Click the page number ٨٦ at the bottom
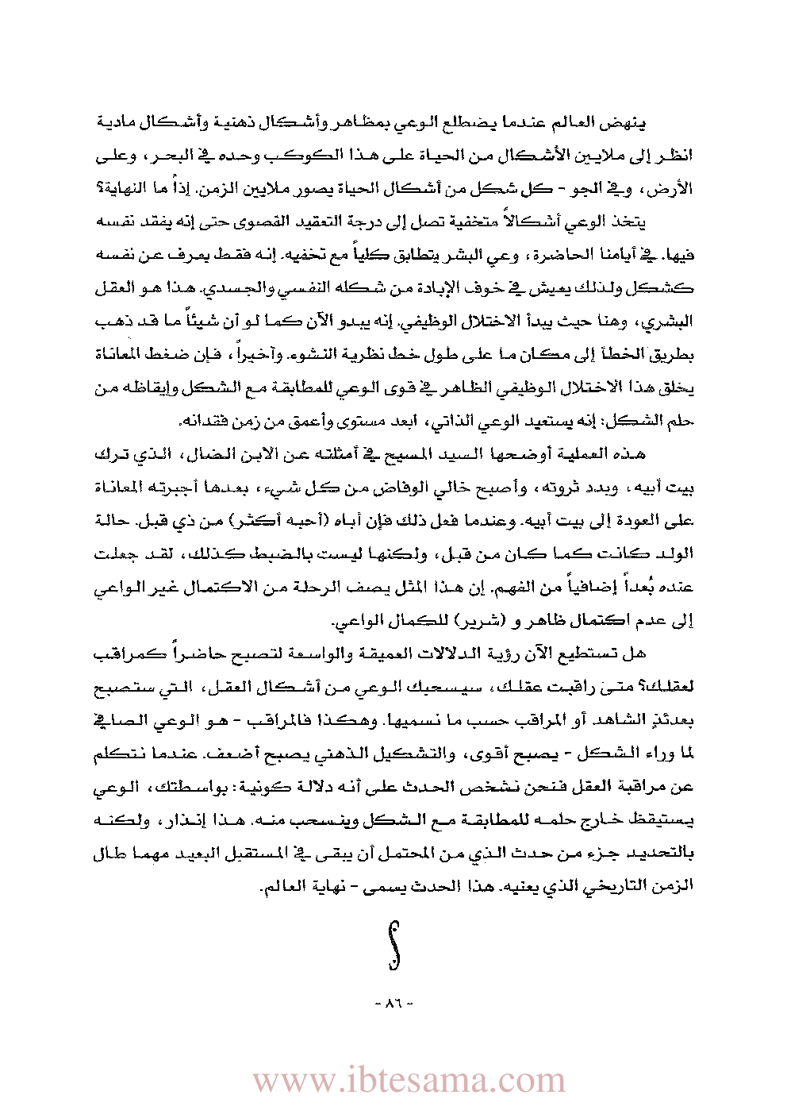(x=393, y=1004)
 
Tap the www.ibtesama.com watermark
(x=409, y=1080)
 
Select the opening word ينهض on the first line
(x=627, y=124)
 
